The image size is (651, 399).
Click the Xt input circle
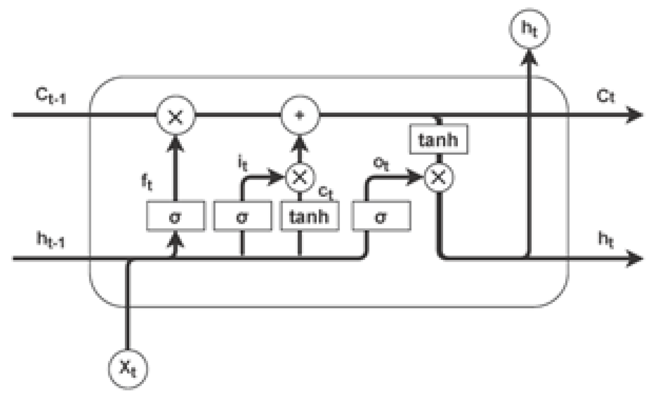(128, 369)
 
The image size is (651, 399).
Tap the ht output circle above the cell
(529, 29)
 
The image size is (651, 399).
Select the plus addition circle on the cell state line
(300, 115)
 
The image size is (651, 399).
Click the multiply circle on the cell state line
(176, 115)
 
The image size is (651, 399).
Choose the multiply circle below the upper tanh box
(439, 178)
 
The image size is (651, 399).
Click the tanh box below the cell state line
(439, 139)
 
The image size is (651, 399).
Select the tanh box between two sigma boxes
(310, 216)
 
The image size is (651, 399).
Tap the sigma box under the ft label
(175, 216)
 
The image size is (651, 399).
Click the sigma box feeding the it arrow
(243, 216)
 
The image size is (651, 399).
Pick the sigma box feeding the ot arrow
(381, 216)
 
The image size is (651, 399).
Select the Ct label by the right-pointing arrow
(605, 97)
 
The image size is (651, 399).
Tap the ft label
(147, 182)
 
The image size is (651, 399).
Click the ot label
(381, 164)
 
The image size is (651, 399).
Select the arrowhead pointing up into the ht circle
(529, 58)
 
